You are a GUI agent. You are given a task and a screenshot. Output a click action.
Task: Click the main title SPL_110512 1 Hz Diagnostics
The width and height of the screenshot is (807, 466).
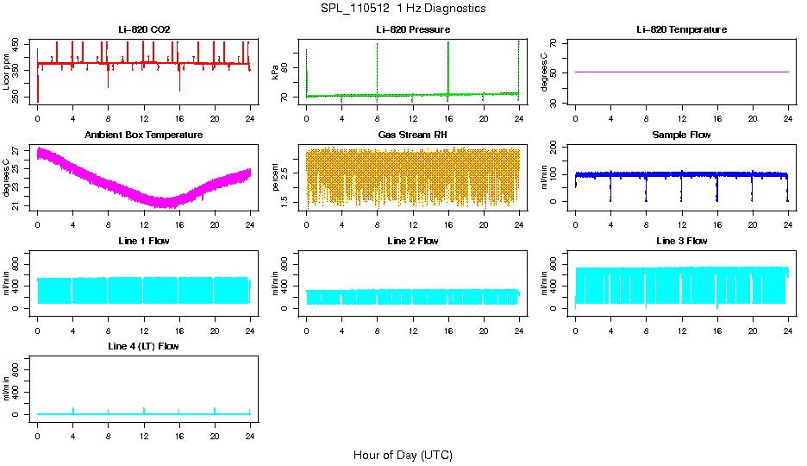click(403, 9)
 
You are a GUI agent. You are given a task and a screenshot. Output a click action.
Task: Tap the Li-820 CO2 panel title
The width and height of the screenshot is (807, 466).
click(144, 29)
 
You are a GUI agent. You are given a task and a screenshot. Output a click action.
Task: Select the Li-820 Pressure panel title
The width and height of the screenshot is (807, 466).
click(412, 29)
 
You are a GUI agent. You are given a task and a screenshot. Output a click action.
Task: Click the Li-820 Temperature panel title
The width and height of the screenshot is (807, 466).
click(681, 29)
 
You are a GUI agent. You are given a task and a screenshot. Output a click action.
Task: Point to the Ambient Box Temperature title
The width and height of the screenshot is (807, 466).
click(144, 135)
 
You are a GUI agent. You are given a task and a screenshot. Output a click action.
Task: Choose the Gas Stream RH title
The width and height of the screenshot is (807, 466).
click(412, 135)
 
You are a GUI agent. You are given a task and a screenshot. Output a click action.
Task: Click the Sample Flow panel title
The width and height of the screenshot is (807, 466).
click(681, 135)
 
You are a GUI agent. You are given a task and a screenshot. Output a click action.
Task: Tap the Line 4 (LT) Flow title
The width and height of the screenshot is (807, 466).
click(144, 346)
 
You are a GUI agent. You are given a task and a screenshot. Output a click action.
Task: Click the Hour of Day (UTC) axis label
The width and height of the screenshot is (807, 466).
click(403, 455)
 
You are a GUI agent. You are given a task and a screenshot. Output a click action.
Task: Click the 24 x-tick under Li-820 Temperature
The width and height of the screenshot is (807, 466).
click(788, 118)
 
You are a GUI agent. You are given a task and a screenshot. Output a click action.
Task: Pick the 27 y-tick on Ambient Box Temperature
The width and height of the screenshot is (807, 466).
click(19, 152)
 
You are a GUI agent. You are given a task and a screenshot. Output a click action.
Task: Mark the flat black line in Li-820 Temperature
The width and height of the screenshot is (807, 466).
click(681, 72)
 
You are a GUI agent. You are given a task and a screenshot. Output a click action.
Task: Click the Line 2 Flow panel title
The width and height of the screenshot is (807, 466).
click(412, 241)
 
